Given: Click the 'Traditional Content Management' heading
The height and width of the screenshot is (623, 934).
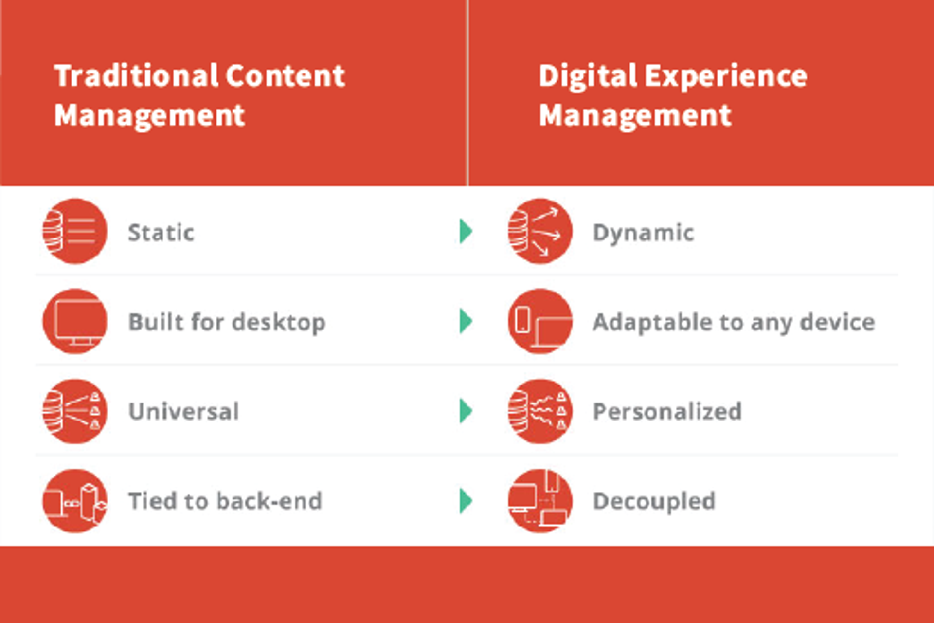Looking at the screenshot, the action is tap(199, 95).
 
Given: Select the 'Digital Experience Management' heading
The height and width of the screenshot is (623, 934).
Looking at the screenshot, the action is tap(673, 95).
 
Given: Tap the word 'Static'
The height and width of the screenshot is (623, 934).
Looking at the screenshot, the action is tap(161, 232).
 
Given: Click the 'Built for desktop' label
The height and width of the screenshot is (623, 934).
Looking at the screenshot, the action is tap(227, 322).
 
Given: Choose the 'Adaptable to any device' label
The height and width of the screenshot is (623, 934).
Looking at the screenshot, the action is tap(734, 322).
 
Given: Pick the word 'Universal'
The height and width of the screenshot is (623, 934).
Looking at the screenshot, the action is tap(183, 411).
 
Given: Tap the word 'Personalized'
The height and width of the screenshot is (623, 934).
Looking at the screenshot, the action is tap(667, 411).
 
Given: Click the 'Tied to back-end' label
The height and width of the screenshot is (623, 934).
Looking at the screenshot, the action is tap(225, 501).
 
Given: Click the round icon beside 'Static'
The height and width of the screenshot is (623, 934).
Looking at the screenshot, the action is tap(75, 231).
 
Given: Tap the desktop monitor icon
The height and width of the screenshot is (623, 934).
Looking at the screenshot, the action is tap(75, 321).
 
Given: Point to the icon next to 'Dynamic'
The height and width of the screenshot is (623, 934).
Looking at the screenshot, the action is tap(540, 231).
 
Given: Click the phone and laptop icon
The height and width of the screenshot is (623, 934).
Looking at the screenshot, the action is tap(540, 321).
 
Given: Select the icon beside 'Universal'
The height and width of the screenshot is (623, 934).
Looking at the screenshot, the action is tap(75, 411).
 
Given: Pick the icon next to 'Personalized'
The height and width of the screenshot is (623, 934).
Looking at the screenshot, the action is tap(540, 411).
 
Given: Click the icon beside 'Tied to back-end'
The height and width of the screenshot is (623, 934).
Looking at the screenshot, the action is tap(75, 501).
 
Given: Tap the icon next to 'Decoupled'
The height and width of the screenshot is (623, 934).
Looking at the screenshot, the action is tap(540, 501).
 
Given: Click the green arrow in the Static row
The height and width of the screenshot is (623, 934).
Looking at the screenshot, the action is tap(466, 231).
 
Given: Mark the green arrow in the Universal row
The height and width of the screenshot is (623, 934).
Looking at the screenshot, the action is tap(466, 411).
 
